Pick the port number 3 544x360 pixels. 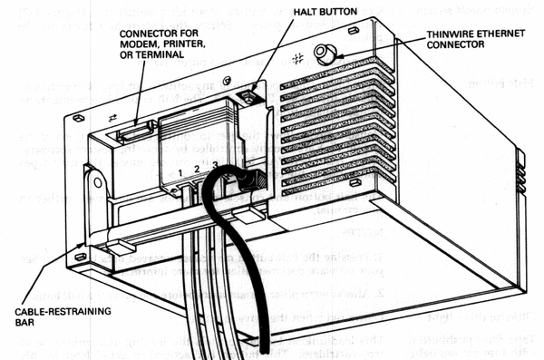pos(214,164)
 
